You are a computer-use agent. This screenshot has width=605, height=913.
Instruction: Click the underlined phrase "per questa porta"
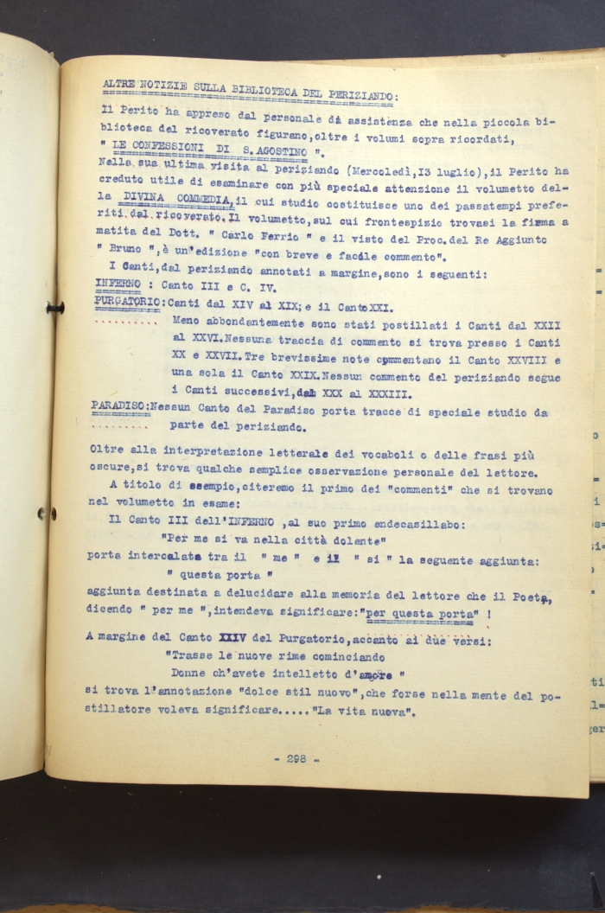pyautogui.click(x=420, y=612)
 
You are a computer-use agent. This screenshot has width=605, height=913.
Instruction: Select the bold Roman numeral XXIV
pyautogui.click(x=232, y=637)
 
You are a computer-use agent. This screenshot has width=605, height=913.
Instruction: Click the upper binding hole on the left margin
pyautogui.click(x=54, y=308)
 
